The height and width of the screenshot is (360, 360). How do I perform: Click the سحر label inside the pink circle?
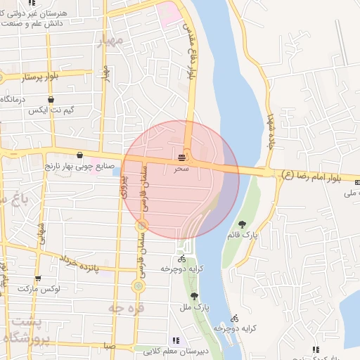pyautogui.click(x=181, y=169)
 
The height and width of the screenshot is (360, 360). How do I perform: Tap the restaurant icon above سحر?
pyautogui.click(x=182, y=157)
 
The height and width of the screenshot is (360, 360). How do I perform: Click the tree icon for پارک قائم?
pyautogui.click(x=243, y=225)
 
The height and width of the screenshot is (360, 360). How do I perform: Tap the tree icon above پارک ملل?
pyautogui.click(x=194, y=297)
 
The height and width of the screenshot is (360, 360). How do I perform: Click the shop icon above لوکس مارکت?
pyautogui.click(x=38, y=278)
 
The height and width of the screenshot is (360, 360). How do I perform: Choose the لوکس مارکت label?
pyautogui.click(x=39, y=289)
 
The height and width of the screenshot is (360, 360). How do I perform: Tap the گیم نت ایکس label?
pyautogui.click(x=51, y=111)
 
